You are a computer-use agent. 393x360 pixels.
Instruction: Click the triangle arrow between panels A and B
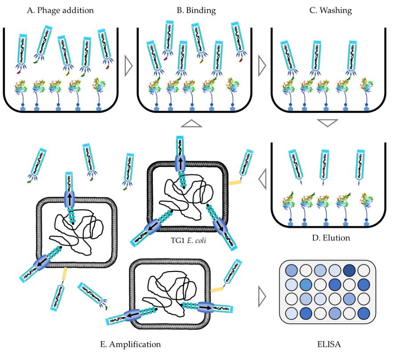[128, 66]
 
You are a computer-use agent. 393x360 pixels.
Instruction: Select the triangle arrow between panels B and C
[262, 66]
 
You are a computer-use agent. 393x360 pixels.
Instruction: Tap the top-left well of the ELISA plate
[290, 271]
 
